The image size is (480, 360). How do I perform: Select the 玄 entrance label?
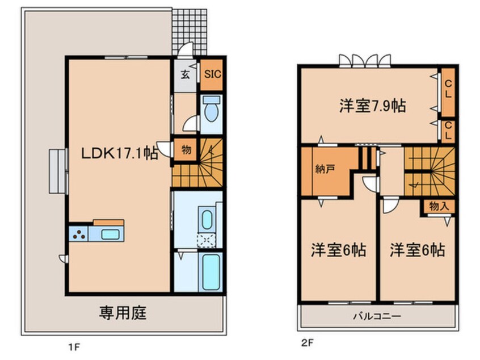pos(185,74)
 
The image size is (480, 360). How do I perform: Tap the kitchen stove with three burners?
pos(78,233)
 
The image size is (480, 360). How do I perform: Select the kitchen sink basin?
pos(110,233)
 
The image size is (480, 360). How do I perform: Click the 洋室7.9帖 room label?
pos(372,106)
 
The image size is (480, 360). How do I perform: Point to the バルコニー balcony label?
pos(378,316)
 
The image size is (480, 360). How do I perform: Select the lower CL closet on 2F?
pos(448,130)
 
